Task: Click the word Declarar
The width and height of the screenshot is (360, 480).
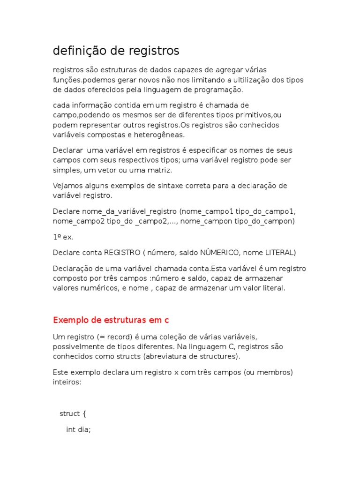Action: pyautogui.click(x=67, y=150)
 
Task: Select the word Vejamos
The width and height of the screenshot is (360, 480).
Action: pyautogui.click(x=67, y=186)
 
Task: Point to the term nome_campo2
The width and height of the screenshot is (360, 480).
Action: pyautogui.click(x=79, y=221)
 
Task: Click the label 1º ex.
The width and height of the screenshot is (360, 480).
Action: pyautogui.click(x=63, y=237)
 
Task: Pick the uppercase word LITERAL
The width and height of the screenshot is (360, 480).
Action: pyautogui.click(x=280, y=253)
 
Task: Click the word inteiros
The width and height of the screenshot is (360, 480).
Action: pyautogui.click(x=67, y=382)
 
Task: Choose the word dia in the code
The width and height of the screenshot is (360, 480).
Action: pyautogui.click(x=84, y=429)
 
